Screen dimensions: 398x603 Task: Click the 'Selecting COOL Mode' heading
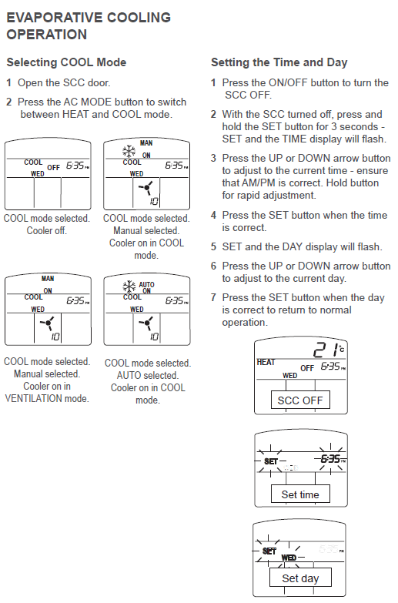point(66,62)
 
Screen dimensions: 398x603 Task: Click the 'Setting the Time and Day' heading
point(279,62)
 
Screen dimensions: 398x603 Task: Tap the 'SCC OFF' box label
point(300,400)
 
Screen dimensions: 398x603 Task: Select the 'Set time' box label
point(300,494)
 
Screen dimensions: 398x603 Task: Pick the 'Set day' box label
point(300,578)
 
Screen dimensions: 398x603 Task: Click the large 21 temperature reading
point(326,350)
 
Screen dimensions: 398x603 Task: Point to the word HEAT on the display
point(266,362)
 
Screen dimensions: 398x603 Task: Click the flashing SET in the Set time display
point(271,461)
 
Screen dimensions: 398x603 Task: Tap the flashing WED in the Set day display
point(289,558)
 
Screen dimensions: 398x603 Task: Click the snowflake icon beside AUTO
point(129,287)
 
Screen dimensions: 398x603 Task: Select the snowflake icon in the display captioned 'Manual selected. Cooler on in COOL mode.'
point(129,152)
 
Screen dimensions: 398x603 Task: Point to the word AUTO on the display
point(146,285)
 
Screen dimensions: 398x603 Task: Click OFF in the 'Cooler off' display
point(53,168)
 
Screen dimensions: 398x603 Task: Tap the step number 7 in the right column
point(214,298)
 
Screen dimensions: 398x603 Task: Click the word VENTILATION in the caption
point(34,398)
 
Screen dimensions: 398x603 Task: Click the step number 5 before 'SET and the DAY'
point(214,247)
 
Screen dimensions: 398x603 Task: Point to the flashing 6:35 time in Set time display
point(331,459)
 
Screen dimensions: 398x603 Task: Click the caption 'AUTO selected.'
point(148,375)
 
